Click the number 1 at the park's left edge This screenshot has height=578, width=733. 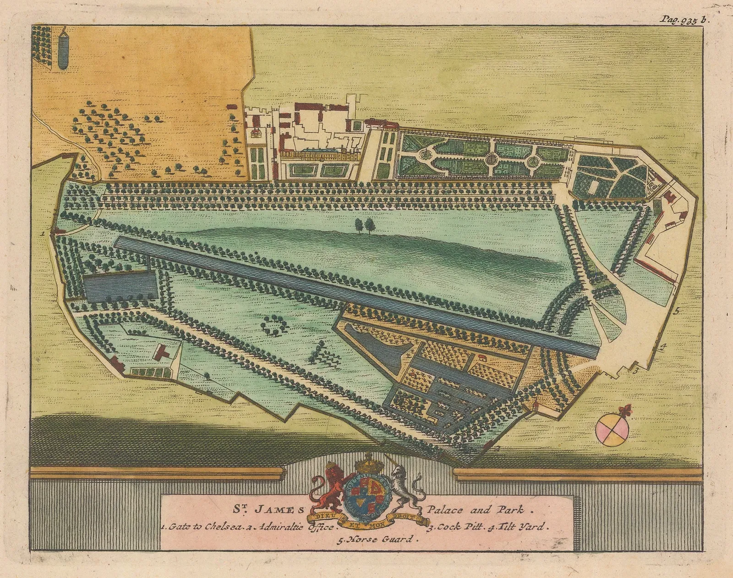coord(42,233)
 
